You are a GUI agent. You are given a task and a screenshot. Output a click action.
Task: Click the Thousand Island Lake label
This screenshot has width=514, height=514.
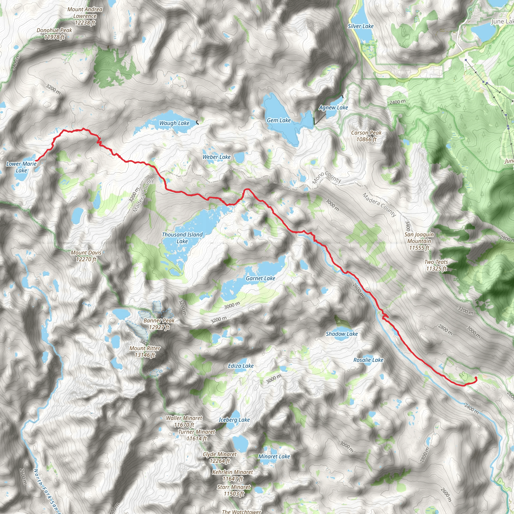[182, 238]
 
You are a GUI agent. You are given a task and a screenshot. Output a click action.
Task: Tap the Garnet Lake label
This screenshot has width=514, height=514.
[260, 278]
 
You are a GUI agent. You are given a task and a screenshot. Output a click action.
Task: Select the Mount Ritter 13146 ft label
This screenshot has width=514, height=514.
[145, 351]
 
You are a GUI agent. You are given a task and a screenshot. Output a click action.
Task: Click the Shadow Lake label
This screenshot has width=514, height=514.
[342, 334]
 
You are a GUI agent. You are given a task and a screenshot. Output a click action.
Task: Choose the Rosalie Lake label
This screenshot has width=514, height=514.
[368, 360]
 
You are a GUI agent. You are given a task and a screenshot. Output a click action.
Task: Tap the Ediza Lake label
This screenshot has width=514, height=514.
[240, 366]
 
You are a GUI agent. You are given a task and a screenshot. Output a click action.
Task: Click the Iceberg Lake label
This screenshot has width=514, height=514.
[234, 420]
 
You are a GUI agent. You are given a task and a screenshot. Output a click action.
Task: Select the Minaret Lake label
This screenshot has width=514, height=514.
[274, 456]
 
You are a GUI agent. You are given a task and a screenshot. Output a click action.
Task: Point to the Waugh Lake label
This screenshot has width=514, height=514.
[174, 123]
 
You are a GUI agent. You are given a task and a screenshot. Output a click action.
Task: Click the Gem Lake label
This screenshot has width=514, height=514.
[279, 120]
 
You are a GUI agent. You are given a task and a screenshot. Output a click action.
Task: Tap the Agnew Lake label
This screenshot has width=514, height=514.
[333, 107]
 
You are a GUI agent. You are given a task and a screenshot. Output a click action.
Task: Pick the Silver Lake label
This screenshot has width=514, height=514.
[360, 26]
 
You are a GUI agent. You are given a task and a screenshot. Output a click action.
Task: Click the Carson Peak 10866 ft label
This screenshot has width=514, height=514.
[366, 136]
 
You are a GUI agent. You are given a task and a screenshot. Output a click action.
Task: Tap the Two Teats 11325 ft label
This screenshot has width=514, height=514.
[436, 265]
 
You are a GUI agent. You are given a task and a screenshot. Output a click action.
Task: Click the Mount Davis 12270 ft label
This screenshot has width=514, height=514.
[86, 256]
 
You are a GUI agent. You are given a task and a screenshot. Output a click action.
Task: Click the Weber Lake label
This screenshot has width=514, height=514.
[216, 157]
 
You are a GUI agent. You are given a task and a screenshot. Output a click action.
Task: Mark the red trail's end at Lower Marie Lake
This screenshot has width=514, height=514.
[36, 161]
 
